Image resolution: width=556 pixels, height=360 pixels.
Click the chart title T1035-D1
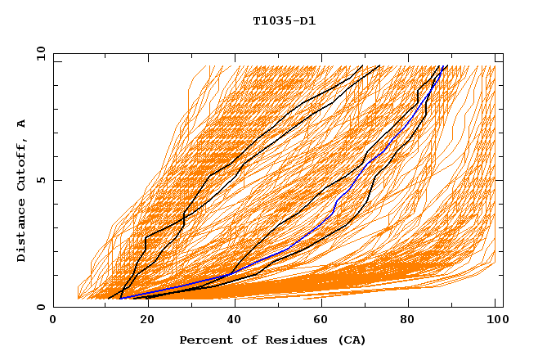(x=285, y=20)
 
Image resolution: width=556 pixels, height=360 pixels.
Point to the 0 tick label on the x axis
(x=53, y=322)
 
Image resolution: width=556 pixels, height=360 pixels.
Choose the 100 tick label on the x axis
(x=495, y=322)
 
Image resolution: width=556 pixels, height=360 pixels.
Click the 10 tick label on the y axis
(x=39, y=52)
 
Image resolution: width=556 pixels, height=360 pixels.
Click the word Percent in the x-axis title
(x=204, y=340)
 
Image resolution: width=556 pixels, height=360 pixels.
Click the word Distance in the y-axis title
(x=22, y=233)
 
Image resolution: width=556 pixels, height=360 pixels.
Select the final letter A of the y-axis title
(x=22, y=123)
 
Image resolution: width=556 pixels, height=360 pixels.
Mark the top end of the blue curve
(x=442, y=66)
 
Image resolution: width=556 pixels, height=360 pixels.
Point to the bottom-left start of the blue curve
(x=120, y=299)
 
